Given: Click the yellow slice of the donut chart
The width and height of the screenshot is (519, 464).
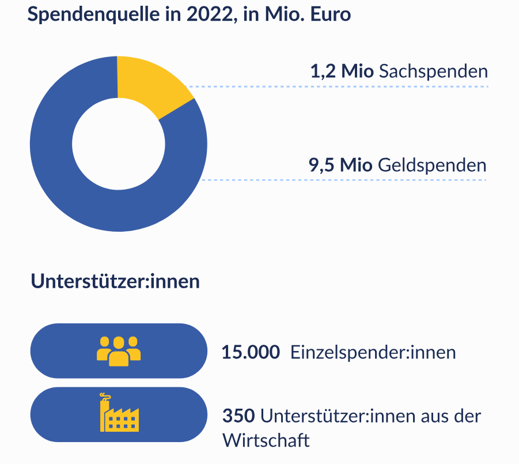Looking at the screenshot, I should click(151, 84).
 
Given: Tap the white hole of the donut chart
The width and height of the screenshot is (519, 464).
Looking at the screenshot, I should click(118, 144).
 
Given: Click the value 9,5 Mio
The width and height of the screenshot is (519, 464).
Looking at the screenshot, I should click(340, 165).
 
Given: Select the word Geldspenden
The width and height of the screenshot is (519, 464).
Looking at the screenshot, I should click(432, 165).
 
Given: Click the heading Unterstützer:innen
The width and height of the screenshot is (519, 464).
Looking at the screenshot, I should click(115, 282).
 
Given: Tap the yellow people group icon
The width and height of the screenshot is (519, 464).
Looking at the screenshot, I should click(119, 350).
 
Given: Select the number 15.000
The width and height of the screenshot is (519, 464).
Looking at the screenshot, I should click(251, 352).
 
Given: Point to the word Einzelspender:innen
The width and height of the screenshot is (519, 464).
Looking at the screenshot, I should click(373, 352).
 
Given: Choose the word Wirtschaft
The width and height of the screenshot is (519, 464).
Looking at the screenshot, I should click(266, 440).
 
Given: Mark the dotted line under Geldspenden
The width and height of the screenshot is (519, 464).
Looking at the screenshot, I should click(346, 180).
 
